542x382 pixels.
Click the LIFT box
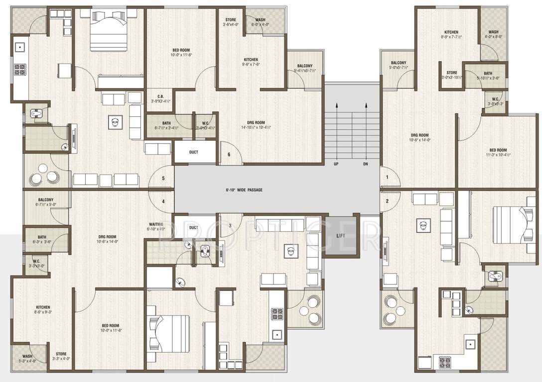[341, 235]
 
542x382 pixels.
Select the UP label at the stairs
[336, 164]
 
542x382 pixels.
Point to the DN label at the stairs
[365, 164]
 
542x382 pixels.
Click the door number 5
[163, 178]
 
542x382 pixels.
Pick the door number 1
[387, 177]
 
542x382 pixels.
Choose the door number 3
[230, 226]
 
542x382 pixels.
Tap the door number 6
[229, 155]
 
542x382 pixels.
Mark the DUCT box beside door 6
[194, 152]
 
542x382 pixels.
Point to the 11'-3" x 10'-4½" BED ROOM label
[498, 152]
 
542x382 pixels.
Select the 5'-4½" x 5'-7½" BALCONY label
[304, 69]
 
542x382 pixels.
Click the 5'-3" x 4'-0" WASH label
[27, 359]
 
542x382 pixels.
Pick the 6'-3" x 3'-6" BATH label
[41, 239]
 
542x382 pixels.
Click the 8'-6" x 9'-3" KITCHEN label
[42, 310]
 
